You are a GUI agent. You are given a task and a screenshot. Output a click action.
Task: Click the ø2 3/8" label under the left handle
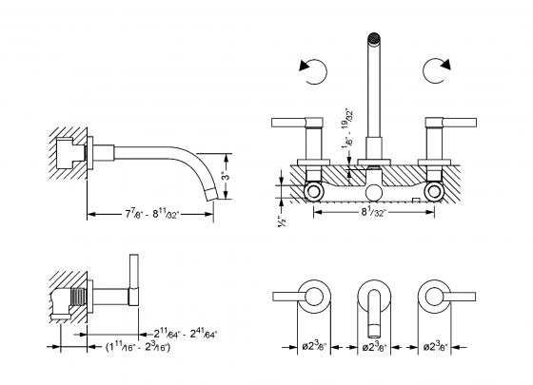click(x=309, y=349)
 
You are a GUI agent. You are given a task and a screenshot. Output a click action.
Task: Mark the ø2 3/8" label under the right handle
click(x=436, y=349)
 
